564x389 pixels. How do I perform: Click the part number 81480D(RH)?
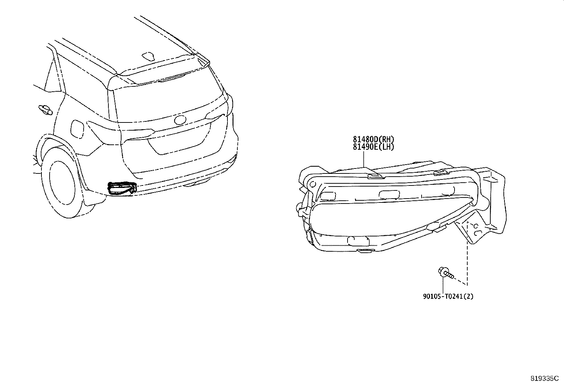coord(373,139)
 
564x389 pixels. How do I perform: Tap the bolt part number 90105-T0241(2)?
coord(448,296)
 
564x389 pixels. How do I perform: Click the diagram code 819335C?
coord(545,378)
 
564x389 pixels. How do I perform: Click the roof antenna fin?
coord(148,56)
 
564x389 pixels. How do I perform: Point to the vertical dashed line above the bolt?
coord(467,254)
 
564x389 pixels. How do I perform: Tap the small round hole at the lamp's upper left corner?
coord(312,184)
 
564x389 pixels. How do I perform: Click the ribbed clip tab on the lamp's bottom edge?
coord(366,250)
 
